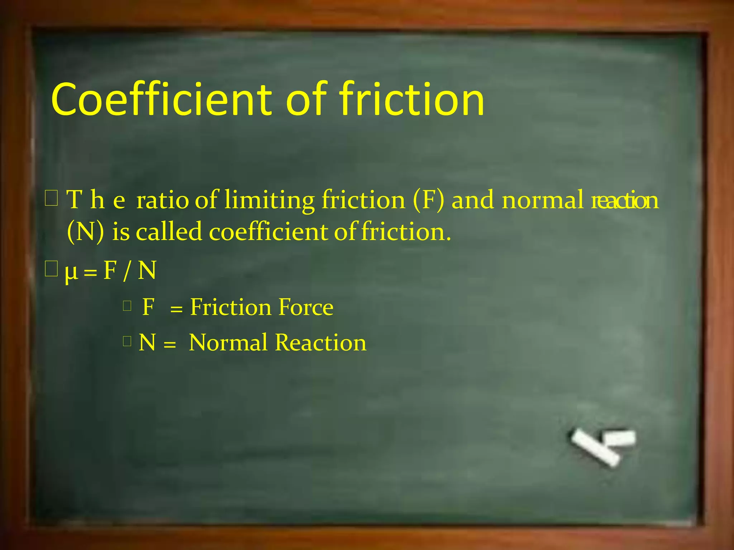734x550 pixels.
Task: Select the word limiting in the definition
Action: click(269, 200)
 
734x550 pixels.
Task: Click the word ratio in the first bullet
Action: click(162, 200)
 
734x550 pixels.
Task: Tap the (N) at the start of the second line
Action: click(85, 232)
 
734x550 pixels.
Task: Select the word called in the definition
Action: click(169, 232)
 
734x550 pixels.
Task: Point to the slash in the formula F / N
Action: click(126, 271)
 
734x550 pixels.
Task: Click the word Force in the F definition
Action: click(306, 307)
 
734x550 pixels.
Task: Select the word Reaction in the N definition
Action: click(321, 343)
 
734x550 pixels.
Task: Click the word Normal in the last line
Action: click(228, 343)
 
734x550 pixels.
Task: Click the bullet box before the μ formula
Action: click(51, 269)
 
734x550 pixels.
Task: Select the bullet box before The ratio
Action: click(51, 198)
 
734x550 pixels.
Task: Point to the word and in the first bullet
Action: click(472, 200)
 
